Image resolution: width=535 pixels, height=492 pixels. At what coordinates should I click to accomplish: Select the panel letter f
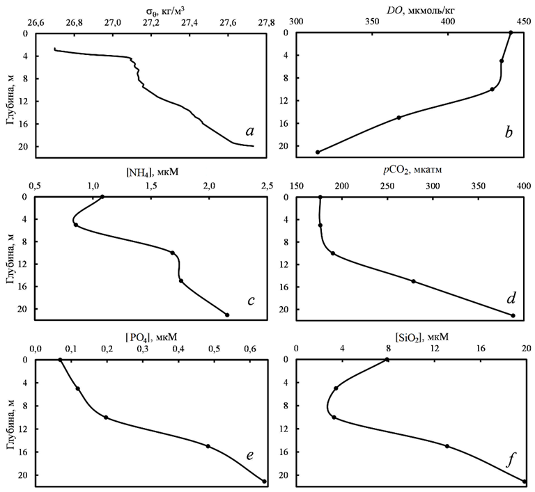(x=511, y=460)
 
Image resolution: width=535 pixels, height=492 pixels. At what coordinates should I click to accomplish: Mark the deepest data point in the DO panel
(x=318, y=152)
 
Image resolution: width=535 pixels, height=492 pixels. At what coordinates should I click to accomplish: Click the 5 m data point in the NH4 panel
(x=75, y=225)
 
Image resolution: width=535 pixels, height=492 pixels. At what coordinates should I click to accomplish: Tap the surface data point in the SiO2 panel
(x=387, y=360)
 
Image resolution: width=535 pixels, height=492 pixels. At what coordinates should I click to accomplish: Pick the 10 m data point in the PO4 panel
(x=106, y=418)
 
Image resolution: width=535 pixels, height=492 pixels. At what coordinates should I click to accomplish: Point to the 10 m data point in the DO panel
(x=493, y=89)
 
